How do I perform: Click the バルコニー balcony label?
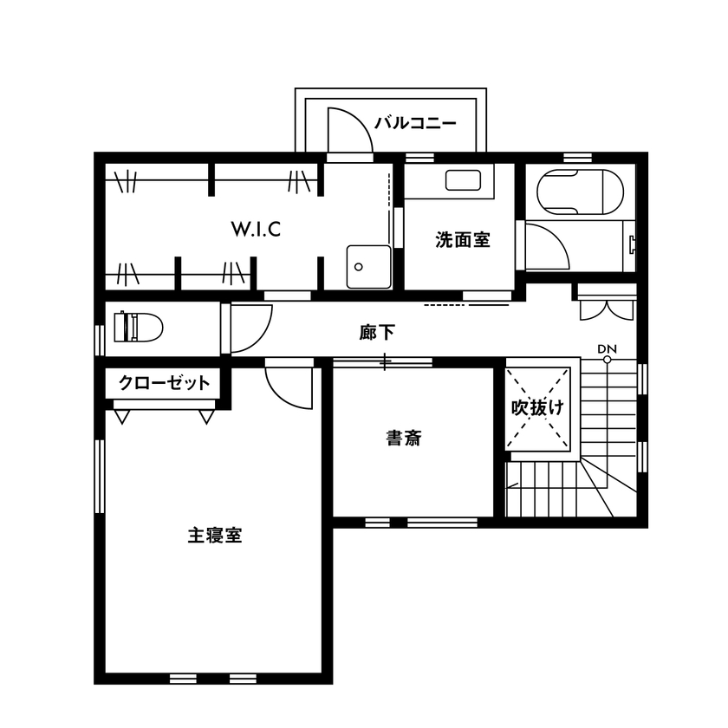point(414,123)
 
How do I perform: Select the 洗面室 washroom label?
point(462,240)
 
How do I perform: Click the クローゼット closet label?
point(164,383)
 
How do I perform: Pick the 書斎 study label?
point(404,439)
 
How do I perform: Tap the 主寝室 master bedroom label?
point(214,535)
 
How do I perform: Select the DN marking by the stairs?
point(607,348)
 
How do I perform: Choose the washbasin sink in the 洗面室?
point(463,180)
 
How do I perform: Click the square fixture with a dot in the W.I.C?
point(368,266)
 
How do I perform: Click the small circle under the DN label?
point(607,359)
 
